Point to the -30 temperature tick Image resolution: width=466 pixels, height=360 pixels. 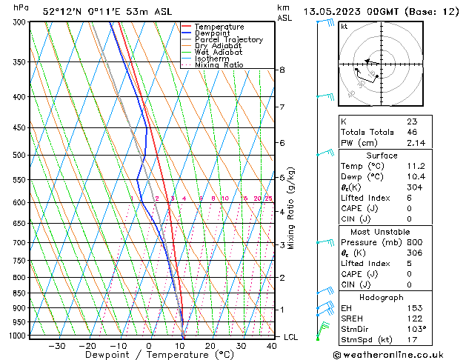(57, 345)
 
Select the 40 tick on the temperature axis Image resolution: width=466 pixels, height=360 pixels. (272, 345)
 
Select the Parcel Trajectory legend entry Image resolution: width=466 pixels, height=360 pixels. (228, 40)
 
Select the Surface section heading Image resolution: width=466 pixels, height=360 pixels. (382, 156)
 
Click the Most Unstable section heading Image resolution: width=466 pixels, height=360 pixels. (382, 231)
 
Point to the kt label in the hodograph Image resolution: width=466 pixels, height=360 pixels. (344, 27)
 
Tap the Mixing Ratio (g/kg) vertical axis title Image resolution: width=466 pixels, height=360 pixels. (292, 208)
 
